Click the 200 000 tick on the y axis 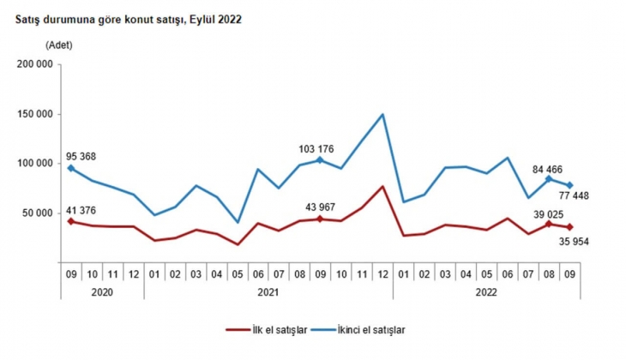coord(34,64)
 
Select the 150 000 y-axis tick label coord(34,114)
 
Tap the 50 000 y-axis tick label coord(37,213)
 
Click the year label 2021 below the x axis coord(268,292)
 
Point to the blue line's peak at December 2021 coord(382,114)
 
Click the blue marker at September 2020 coord(71,168)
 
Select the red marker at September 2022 coord(569,227)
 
